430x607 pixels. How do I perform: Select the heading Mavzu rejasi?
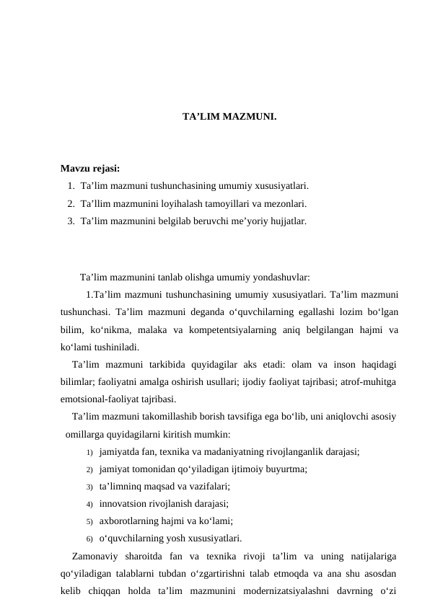(89, 169)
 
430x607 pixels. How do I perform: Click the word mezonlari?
(286, 204)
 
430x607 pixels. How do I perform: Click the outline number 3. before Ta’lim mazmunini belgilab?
(71, 221)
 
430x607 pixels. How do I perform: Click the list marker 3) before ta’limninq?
(89, 487)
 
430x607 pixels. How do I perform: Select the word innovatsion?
(124, 504)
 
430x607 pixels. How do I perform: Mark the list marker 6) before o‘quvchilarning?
(89, 539)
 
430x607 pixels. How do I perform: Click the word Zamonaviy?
(96, 556)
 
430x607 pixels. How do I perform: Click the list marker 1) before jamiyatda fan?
(89, 452)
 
